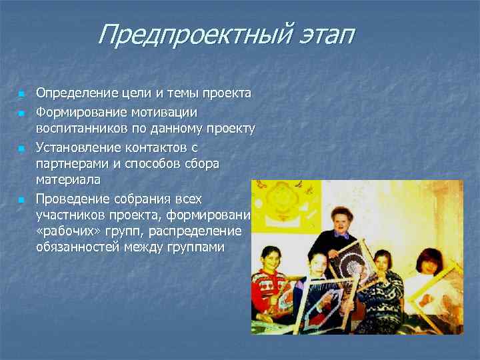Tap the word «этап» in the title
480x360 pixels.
pos(321,35)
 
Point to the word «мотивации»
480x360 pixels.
pos(163,111)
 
